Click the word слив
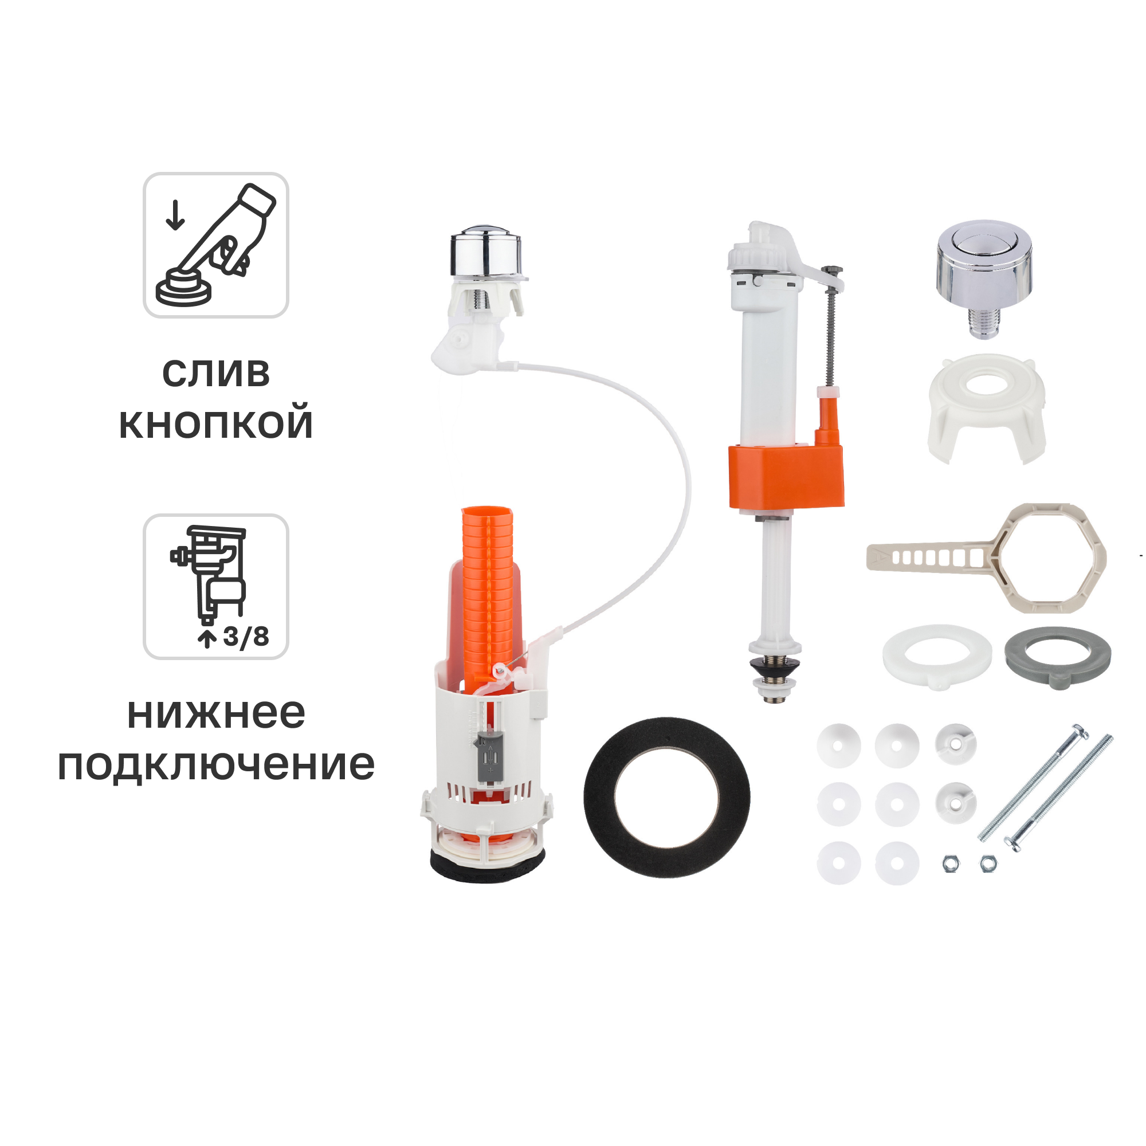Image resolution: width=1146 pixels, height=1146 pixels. coord(216,374)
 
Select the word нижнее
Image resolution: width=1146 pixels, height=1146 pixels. coord(216,713)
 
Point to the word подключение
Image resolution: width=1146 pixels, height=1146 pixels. coord(216,764)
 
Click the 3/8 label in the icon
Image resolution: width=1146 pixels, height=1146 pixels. coord(246,637)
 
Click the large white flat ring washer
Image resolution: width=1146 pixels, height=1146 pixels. coord(937,656)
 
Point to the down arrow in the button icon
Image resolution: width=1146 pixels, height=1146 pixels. coord(175,215)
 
